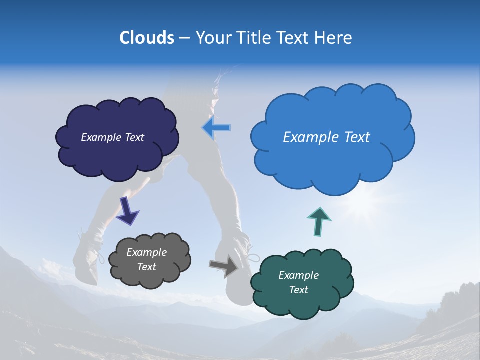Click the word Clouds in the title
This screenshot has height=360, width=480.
[146, 37]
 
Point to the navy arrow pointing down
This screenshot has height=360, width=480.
[127, 210]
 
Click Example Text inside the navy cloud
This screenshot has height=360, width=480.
[112, 137]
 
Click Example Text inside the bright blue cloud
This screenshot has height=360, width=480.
[326, 137]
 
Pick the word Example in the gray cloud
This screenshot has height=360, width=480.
[146, 252]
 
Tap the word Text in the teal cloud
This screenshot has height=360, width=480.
[298, 290]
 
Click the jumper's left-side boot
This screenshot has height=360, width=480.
[87, 260]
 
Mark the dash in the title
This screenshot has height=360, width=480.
[184, 38]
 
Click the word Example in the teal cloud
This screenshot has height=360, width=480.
[298, 275]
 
